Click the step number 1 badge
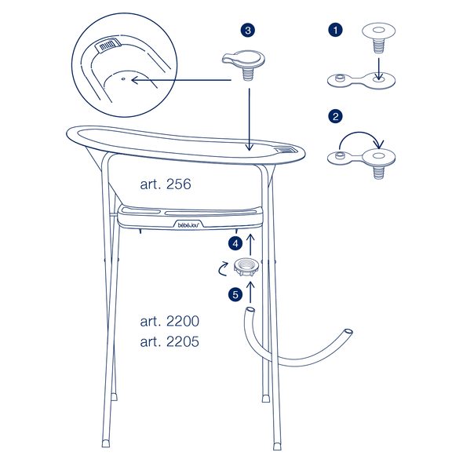335,30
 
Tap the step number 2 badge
335,116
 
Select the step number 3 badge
248,30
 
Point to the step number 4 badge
235,244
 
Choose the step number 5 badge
235,294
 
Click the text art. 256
166,184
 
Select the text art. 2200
170,321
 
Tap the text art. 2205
170,341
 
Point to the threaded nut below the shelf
247,267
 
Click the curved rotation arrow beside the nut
222,268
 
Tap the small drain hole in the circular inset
124,79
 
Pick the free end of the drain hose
348,331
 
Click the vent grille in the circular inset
108,45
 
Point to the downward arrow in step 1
379,69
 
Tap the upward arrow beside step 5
250,292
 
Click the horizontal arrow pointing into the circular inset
181,80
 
